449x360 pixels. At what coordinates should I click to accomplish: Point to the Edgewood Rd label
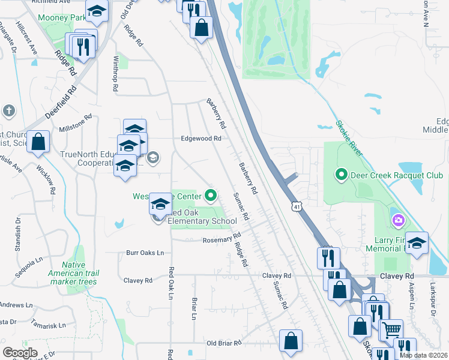click(x=202, y=138)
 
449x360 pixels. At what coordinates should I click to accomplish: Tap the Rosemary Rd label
click(x=221, y=238)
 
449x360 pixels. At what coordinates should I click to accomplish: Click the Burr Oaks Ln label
click(x=145, y=253)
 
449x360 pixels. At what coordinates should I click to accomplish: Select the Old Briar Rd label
click(x=223, y=343)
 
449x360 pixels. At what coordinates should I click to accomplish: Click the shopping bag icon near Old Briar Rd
click(x=291, y=340)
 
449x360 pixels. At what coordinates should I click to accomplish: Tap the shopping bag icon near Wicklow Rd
click(x=38, y=142)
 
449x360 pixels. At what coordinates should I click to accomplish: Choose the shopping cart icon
click(x=391, y=329)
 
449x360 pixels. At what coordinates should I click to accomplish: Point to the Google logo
click(x=20, y=353)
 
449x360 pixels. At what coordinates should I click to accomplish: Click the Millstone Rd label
click(x=75, y=129)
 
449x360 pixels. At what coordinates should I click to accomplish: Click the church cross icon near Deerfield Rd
click(x=9, y=111)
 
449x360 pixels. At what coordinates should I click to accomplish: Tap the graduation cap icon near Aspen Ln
click(x=417, y=243)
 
